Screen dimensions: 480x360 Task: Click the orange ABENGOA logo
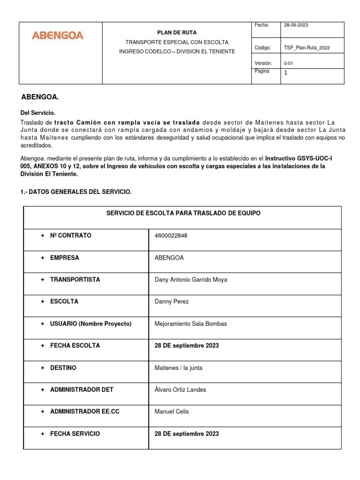[x=57, y=35]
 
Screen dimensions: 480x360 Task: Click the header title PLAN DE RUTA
[x=177, y=33]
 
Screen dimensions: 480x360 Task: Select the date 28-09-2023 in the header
[x=296, y=25]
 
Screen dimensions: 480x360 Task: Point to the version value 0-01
[x=289, y=63]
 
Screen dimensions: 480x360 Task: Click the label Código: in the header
[x=262, y=48]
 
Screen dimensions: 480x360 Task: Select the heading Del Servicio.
[x=37, y=113]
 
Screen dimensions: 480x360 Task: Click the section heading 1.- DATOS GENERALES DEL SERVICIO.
[x=76, y=192]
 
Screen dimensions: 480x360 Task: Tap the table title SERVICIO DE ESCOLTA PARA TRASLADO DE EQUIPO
[x=183, y=213]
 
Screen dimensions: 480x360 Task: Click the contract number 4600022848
[x=171, y=236]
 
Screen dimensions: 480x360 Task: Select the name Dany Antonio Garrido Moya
[x=191, y=280]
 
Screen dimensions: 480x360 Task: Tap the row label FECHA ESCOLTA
[x=75, y=346]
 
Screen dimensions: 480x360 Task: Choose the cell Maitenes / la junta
[x=178, y=368]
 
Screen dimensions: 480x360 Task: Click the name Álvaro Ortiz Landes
[x=180, y=390]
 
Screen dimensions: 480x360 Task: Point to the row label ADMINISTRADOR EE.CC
[x=84, y=412]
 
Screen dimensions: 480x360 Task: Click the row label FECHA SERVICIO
[x=75, y=434]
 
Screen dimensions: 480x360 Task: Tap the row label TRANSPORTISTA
[x=75, y=280]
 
